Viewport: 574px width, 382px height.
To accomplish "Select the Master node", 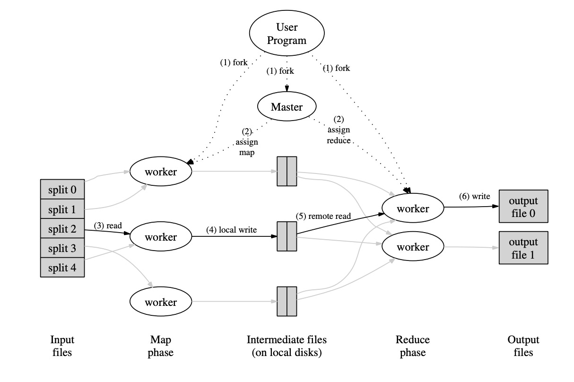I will [287, 107].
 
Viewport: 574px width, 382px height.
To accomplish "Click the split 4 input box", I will [62, 268].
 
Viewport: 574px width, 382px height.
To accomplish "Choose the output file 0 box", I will [523, 207].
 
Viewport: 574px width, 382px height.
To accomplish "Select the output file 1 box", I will [523, 248].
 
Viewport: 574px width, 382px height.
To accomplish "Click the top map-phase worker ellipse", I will [161, 172].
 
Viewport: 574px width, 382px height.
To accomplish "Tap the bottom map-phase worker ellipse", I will [161, 302].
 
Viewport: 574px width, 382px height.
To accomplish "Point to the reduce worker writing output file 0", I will [413, 208].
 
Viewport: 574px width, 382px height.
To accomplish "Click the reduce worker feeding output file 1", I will [413, 247].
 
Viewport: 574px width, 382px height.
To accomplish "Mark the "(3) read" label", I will [108, 226].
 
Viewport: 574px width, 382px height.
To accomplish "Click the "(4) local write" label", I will [231, 230].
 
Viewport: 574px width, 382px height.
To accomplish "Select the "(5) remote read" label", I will [323, 216].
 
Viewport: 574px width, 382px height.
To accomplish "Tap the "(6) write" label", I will [474, 196].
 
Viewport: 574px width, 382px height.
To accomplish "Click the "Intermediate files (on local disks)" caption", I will [287, 346].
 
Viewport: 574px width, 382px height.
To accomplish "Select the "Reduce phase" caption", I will [413, 346].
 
